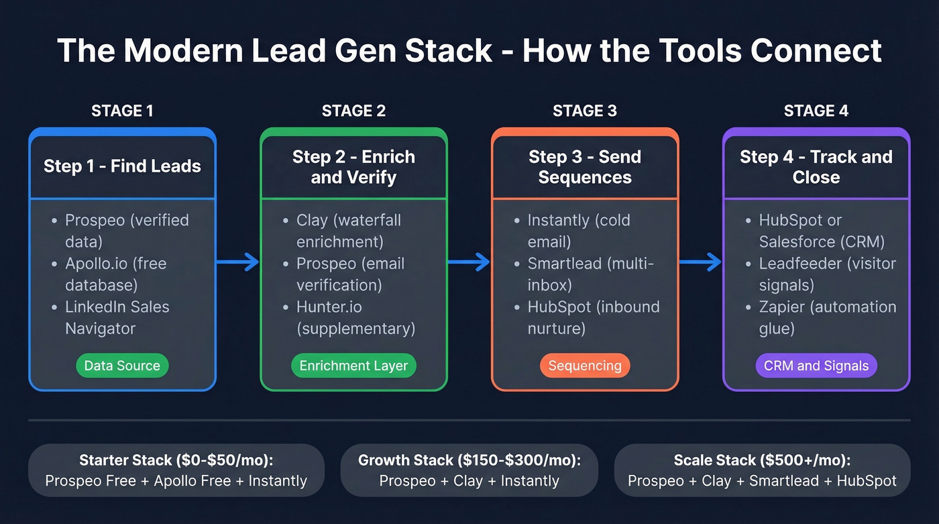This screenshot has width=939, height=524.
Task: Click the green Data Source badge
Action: (x=122, y=366)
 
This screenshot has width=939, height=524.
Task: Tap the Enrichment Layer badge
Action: (x=353, y=366)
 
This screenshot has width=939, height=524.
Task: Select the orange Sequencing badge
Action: (x=585, y=366)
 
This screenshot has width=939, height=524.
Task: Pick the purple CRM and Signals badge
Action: (x=816, y=366)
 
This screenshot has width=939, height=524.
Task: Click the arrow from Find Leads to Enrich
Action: (x=237, y=262)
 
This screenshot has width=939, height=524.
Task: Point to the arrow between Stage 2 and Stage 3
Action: (x=469, y=262)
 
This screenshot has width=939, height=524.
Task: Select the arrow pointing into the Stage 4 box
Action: (x=700, y=262)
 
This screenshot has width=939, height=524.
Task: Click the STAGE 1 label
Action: (x=122, y=111)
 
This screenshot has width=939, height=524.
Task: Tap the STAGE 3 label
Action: (x=585, y=111)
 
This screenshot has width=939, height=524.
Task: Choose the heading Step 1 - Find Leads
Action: (x=122, y=166)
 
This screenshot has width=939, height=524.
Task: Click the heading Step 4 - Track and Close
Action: (x=816, y=166)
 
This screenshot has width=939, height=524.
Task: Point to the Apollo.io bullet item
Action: (x=115, y=274)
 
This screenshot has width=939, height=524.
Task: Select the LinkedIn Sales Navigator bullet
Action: (x=117, y=317)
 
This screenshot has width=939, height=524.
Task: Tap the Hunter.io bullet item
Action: (x=355, y=317)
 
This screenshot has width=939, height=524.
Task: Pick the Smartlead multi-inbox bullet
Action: (x=590, y=274)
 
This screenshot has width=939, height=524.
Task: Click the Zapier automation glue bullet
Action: (x=827, y=317)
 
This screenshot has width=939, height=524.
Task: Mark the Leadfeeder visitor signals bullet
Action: (x=827, y=274)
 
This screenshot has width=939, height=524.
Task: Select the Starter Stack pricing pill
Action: (x=176, y=470)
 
